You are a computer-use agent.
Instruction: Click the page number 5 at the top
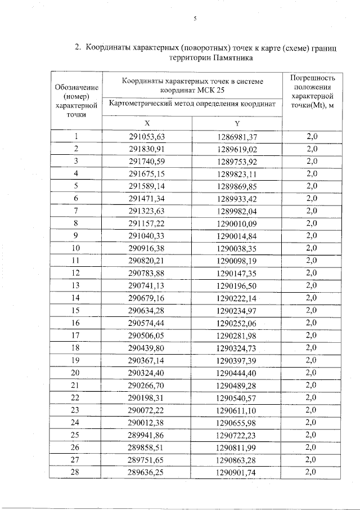pyautogui.click(x=195, y=19)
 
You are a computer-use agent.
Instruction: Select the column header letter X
pyautogui.click(x=147, y=123)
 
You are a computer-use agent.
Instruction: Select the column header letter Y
pyautogui.click(x=237, y=123)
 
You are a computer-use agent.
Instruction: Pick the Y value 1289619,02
pyautogui.click(x=237, y=149)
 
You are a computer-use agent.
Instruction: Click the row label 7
pyautogui.click(x=75, y=211)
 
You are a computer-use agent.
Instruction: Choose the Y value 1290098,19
pyautogui.click(x=237, y=261)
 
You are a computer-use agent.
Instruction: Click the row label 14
pyautogui.click(x=75, y=298)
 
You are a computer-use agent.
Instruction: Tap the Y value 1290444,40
pyautogui.click(x=237, y=372)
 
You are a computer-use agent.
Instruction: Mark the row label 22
pyautogui.click(x=75, y=397)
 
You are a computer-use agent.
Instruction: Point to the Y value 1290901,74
pyautogui.click(x=237, y=471)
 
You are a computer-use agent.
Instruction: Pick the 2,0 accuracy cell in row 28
pyautogui.click(x=311, y=471)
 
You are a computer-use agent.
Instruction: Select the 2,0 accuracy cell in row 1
pyautogui.click(x=311, y=137)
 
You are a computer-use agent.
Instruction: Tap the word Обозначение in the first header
pyautogui.click(x=76, y=87)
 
